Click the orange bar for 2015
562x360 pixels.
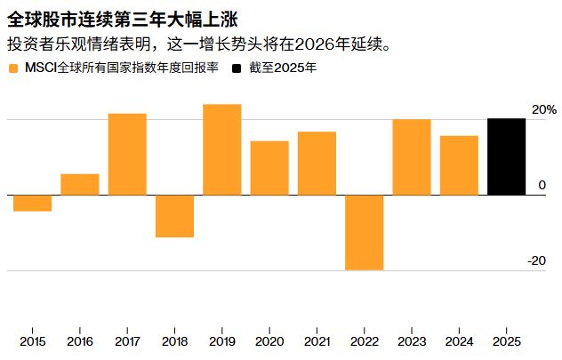32,203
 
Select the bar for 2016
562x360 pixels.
80,184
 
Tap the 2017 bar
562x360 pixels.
127,154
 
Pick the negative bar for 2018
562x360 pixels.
174,216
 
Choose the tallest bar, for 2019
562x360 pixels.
222,149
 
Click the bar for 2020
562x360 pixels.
269,168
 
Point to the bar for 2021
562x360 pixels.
317,163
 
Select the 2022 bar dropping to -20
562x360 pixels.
364,232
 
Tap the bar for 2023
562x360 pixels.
412,156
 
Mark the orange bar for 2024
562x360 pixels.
459,165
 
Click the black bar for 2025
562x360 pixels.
506,156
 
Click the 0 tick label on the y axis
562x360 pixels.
542,185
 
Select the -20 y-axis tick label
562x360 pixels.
536,260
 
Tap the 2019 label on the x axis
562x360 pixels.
222,341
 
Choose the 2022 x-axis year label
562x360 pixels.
364,341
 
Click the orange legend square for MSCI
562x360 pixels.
12,68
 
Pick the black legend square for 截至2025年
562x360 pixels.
237,68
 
